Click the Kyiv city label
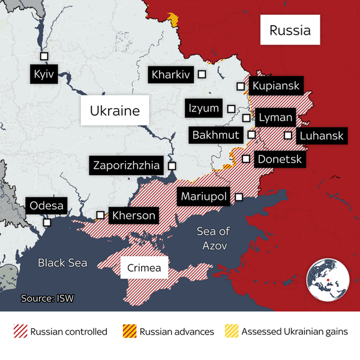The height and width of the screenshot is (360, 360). click(44, 75)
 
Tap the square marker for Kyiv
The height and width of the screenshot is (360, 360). click(44, 56)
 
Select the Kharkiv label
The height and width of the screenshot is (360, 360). click(171, 75)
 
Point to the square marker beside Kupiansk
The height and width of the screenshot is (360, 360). click(241, 86)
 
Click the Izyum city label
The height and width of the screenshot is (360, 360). click(203, 109)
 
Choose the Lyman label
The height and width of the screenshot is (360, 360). click(275, 118)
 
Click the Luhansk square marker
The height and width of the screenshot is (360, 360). click(289, 135)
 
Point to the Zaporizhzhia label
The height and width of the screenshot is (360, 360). click(126, 165)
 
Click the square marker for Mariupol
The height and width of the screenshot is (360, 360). click(239, 197)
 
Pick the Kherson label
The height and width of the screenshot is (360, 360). click(133, 215)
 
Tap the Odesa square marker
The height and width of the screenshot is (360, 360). click(47, 222)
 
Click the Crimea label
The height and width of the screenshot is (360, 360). click(144, 268)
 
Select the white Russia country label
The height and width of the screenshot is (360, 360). click(290, 30)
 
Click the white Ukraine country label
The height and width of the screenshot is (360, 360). click(115, 111)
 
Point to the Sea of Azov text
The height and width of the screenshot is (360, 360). click(214, 238)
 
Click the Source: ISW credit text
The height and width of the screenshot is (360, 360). click(47, 298)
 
